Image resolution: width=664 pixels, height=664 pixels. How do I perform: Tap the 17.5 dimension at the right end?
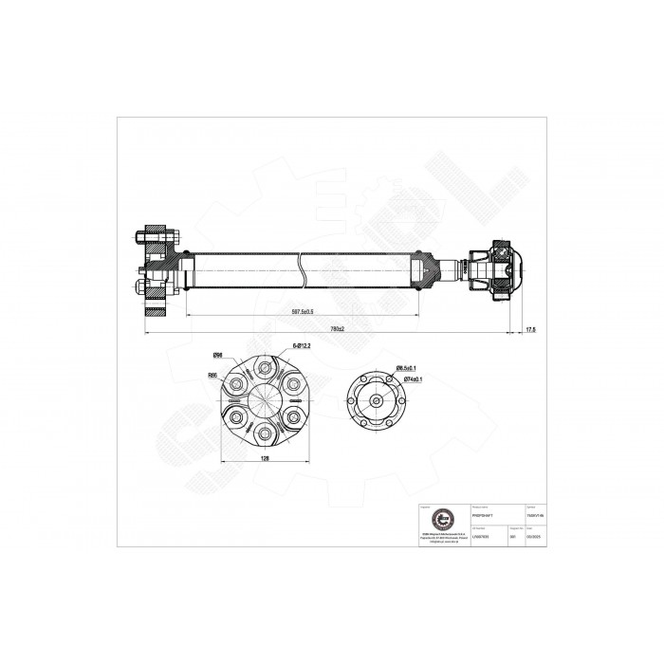(x=530, y=328)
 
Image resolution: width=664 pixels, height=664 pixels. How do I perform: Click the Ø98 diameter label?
(x=217, y=355)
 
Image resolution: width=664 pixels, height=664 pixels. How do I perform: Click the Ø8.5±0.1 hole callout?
(x=407, y=367)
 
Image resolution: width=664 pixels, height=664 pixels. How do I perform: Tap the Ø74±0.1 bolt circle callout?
(x=413, y=378)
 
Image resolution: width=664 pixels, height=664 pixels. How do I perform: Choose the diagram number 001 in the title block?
(x=513, y=537)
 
